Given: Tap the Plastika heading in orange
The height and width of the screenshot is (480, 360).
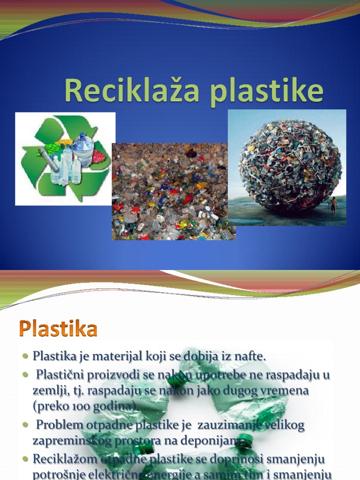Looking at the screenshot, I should click(59, 329).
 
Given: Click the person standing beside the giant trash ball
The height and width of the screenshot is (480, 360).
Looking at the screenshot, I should click(333, 205).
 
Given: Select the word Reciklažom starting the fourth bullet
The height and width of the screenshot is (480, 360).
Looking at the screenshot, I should click(61, 458).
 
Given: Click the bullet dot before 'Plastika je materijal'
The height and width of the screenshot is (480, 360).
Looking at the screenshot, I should click(25, 357).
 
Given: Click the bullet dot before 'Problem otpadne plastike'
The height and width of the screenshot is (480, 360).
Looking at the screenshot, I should click(25, 425).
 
